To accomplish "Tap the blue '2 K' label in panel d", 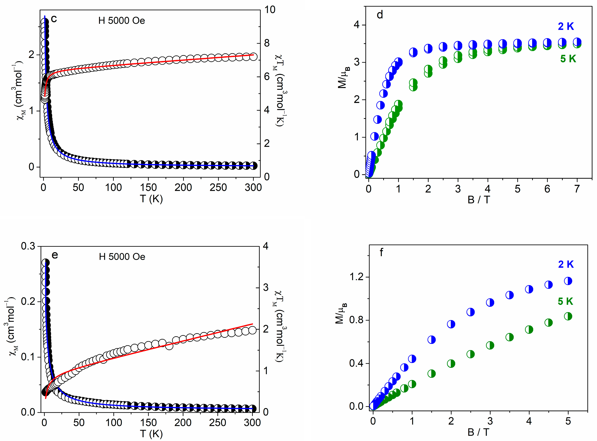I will click(566, 26).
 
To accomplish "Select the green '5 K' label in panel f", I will click(565, 301).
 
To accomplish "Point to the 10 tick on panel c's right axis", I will click(270, 10).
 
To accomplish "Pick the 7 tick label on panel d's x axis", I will click(577, 189).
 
